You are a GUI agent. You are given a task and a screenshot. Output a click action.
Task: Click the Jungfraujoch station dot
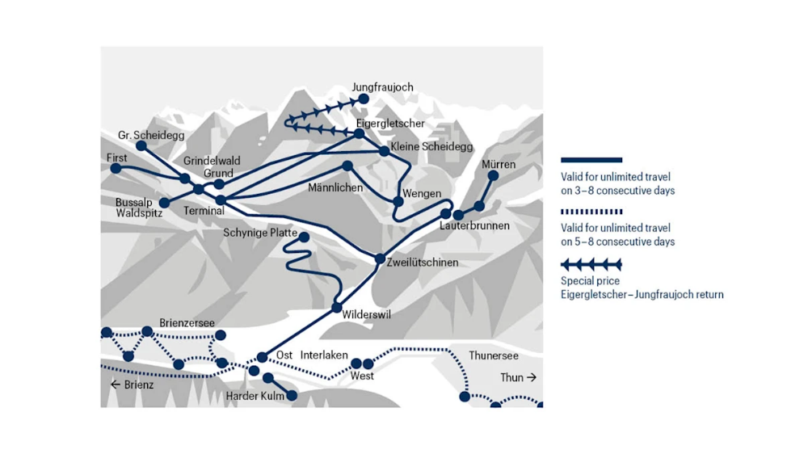click(x=364, y=99)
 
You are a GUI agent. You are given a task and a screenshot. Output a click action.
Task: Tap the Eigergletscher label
click(x=390, y=123)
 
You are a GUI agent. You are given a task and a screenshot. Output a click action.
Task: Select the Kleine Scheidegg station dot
click(x=385, y=150)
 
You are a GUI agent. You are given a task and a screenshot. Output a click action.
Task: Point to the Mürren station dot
click(x=493, y=175)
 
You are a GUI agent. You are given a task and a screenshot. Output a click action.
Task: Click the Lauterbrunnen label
click(x=474, y=226)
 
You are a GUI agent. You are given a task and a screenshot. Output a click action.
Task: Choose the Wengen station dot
click(x=398, y=200)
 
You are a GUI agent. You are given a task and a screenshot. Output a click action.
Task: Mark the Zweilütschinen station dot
click(x=380, y=259)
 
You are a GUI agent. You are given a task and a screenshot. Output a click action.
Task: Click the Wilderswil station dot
click(x=337, y=307)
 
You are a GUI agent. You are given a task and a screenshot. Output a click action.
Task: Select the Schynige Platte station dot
click(x=304, y=236)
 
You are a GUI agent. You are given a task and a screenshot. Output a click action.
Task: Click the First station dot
click(x=116, y=169)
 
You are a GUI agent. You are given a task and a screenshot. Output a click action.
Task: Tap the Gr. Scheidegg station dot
click(x=141, y=145)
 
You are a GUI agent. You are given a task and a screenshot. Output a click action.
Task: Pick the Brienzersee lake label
click(x=187, y=322)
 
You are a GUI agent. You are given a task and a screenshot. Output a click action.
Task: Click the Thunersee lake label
click(x=493, y=355)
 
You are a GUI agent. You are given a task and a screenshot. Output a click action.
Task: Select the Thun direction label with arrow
click(x=518, y=377)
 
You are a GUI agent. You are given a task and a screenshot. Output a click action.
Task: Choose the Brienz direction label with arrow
click(x=132, y=385)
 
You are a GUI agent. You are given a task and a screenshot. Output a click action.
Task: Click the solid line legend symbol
click(x=591, y=160)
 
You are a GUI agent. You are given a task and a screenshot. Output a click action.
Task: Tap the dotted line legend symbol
click(x=591, y=212)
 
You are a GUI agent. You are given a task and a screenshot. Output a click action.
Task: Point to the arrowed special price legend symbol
click(x=591, y=264)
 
